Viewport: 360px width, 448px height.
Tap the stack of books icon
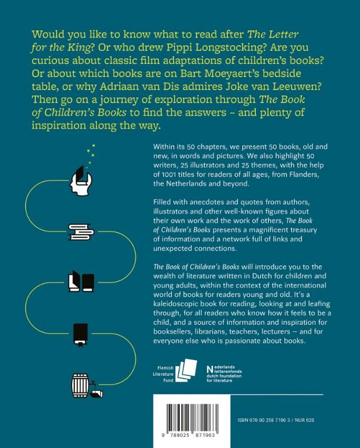(81, 230)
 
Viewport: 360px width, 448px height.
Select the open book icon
(81, 281)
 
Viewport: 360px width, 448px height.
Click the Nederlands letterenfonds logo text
(228, 373)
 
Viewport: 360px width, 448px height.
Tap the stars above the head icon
(91, 153)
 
